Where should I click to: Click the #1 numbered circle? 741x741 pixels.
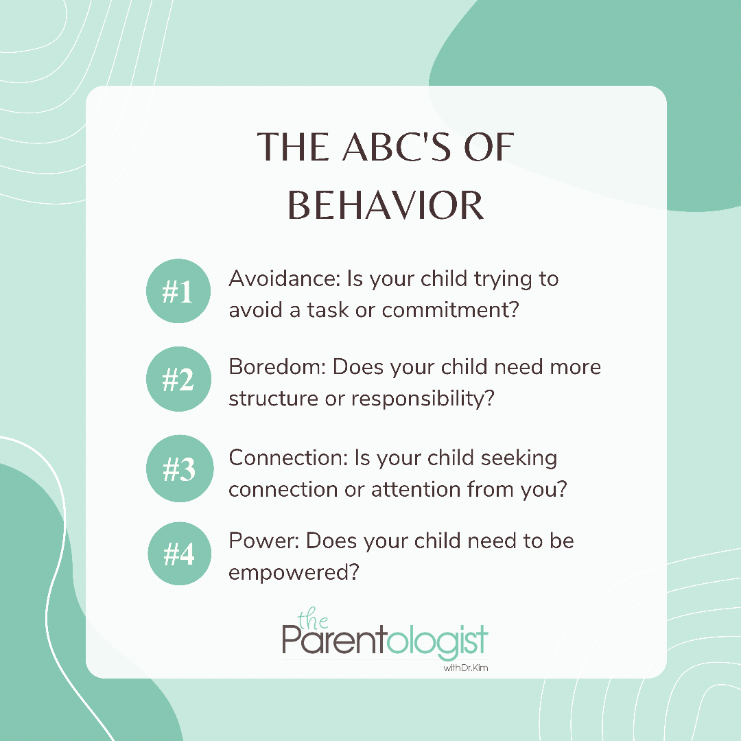(178, 291)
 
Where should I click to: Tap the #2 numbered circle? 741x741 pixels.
(178, 379)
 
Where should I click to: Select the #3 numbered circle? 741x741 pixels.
(180, 469)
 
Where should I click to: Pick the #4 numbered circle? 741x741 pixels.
(180, 554)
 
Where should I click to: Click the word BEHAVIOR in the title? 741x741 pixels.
(386, 206)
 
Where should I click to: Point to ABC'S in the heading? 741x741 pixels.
(397, 147)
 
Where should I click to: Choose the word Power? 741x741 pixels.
(264, 541)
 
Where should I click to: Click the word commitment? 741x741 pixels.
(450, 310)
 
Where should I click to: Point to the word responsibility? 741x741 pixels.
(423, 399)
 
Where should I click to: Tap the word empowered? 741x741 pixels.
(294, 573)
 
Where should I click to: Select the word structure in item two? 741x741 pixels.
(273, 399)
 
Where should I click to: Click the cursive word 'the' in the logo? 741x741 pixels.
(313, 619)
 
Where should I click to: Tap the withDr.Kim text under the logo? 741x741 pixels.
(465, 668)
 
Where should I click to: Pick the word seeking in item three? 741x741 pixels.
(519, 458)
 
